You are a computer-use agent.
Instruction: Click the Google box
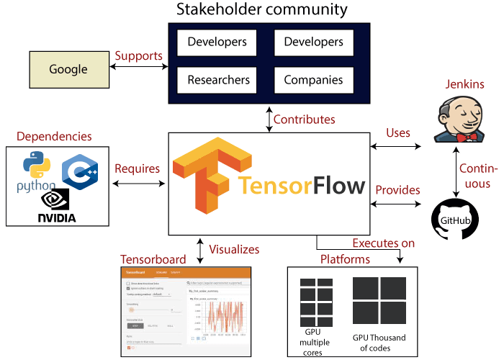[x=68, y=70]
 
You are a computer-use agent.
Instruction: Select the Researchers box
[x=218, y=79]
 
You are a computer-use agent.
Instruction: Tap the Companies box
[x=313, y=79]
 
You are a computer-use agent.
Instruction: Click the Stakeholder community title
[x=262, y=10]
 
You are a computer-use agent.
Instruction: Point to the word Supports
[x=139, y=55]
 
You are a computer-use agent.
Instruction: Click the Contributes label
[x=304, y=119]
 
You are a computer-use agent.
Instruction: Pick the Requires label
[x=137, y=168]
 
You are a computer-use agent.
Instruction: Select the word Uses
[x=398, y=132]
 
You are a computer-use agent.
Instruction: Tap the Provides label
[x=397, y=190]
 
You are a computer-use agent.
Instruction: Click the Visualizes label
[x=234, y=249]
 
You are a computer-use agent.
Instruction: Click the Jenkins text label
[x=464, y=84]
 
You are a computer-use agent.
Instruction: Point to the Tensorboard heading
[x=152, y=259]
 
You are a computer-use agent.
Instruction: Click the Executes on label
[x=383, y=243]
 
